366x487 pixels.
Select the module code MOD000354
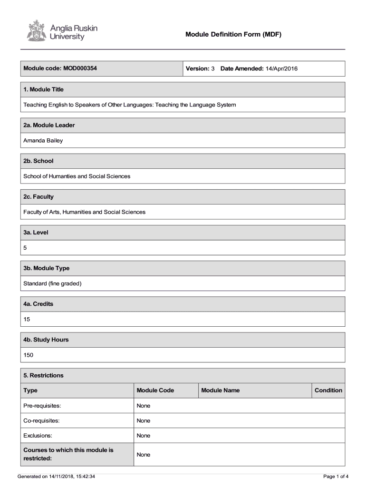pos(78,68)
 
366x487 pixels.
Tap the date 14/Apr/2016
pos(281,69)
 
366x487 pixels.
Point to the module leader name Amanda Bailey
pos(43,140)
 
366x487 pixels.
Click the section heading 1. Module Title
pos(43,89)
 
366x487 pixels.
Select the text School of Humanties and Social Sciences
pos(77,176)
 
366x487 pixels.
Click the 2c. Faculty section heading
pos(39,196)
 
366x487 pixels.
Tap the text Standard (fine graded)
pos(53,283)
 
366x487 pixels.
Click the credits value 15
pos(27,319)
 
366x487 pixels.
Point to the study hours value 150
pos(29,355)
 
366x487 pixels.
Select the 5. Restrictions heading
pos(43,375)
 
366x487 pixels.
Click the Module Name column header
pos(221,390)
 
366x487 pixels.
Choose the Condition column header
pos(328,390)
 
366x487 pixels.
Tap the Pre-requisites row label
pos(42,406)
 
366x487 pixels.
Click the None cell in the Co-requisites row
pos(143,420)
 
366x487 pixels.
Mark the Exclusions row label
pos(38,435)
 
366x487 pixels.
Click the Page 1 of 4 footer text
pos(336,476)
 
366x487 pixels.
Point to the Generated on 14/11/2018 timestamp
pos(56,476)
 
